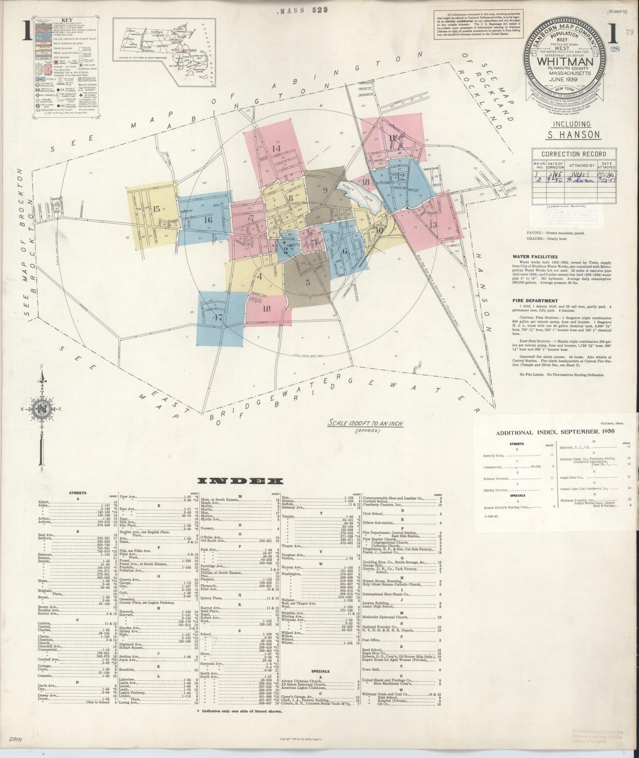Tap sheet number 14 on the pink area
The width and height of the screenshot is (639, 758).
click(x=276, y=148)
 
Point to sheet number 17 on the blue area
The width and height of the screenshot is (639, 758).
click(x=219, y=317)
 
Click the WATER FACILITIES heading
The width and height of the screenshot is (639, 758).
click(x=535, y=256)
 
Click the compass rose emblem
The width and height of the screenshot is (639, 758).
click(x=40, y=406)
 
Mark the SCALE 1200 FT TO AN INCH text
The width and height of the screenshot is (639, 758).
click(x=365, y=423)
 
